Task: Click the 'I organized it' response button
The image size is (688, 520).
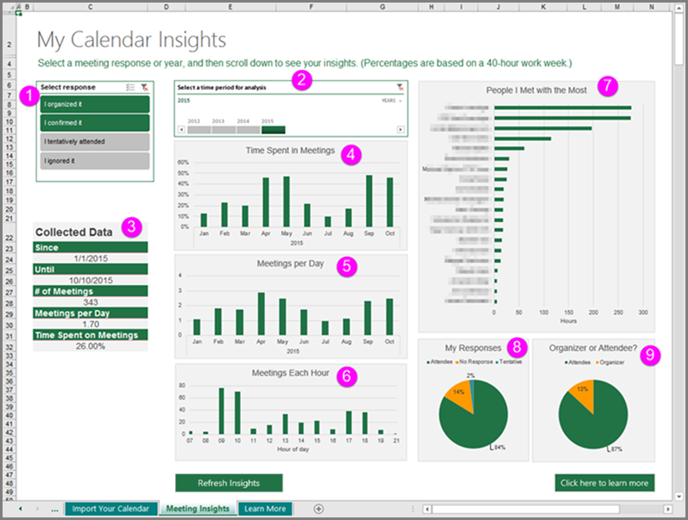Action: tap(94, 104)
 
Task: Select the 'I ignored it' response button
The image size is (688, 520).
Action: tap(94, 161)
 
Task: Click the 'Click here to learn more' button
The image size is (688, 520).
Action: tap(603, 483)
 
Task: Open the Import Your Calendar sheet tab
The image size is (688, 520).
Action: tap(110, 509)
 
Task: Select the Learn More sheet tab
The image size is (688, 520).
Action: tap(265, 509)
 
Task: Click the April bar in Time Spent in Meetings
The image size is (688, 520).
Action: tap(265, 202)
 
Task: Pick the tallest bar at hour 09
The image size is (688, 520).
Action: tap(222, 412)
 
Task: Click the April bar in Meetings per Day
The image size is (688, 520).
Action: tap(260, 313)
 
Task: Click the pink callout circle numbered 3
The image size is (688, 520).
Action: tap(131, 226)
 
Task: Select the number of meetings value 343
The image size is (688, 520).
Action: tap(90, 301)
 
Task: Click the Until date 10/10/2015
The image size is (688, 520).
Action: tap(90, 279)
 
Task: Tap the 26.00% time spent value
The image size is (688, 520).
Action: tap(90, 346)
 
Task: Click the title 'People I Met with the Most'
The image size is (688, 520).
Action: tap(536, 90)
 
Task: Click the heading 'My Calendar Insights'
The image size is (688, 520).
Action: tap(131, 39)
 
